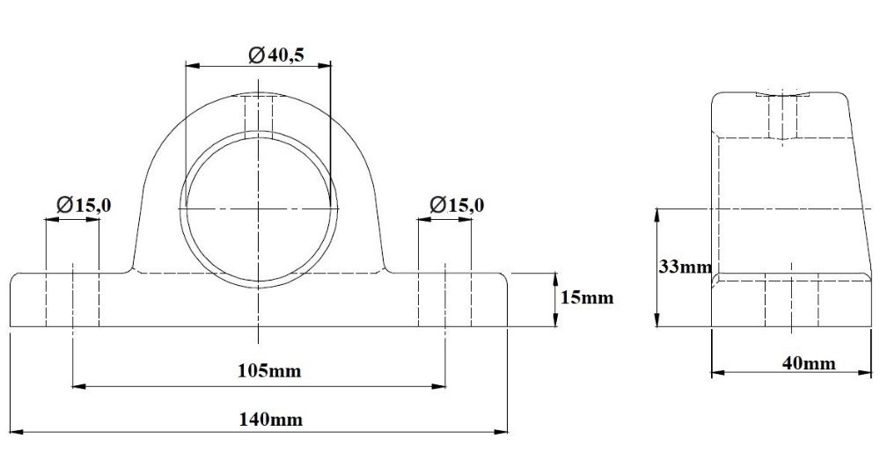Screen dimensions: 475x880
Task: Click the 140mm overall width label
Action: click(271, 419)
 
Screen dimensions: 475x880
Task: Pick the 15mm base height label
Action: click(586, 297)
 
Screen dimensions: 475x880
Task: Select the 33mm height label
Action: click(685, 267)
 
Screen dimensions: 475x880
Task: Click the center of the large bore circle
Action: click(259, 208)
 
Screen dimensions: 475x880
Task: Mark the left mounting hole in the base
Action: click(72, 299)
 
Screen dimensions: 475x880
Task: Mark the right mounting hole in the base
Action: click(445, 299)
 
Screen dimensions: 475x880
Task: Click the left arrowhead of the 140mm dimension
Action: click(15, 432)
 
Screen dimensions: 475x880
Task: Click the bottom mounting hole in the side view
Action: click(792, 303)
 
